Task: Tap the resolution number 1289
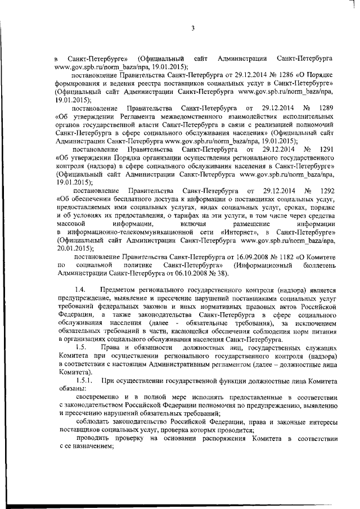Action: tap(326, 107)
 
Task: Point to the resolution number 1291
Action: tap(326, 150)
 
